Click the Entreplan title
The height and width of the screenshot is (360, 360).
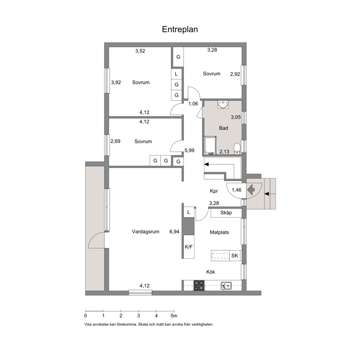pyautogui.click(x=180, y=29)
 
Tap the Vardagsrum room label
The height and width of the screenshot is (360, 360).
pyautogui.click(x=146, y=232)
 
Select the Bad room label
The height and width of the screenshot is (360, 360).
pyautogui.click(x=224, y=128)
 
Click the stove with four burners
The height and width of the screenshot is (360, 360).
pyautogui.click(x=199, y=286)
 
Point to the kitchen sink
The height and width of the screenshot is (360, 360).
pyautogui.click(x=226, y=286)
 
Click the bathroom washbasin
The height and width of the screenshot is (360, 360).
pyautogui.click(x=223, y=105)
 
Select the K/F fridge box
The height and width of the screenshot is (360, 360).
pyautogui.click(x=189, y=247)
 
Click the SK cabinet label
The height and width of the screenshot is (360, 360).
pyautogui.click(x=235, y=255)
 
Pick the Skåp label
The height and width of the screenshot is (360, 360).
pyautogui.click(x=226, y=213)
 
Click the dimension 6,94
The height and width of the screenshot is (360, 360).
pyautogui.click(x=174, y=232)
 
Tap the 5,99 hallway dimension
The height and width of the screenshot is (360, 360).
pyautogui.click(x=189, y=150)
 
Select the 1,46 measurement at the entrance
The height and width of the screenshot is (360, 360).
pyautogui.click(x=237, y=190)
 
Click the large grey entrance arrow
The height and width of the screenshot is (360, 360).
pyautogui.click(x=251, y=190)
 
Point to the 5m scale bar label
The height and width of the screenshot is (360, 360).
pyautogui.click(x=174, y=316)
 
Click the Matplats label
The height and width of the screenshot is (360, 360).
pyautogui.click(x=219, y=232)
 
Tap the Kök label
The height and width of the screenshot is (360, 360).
pyautogui.click(x=210, y=272)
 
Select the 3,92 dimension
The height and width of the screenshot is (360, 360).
pyautogui.click(x=116, y=82)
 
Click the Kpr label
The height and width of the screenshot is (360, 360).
pyautogui.click(x=214, y=191)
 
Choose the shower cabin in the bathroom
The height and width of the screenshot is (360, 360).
pyautogui.click(x=210, y=145)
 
